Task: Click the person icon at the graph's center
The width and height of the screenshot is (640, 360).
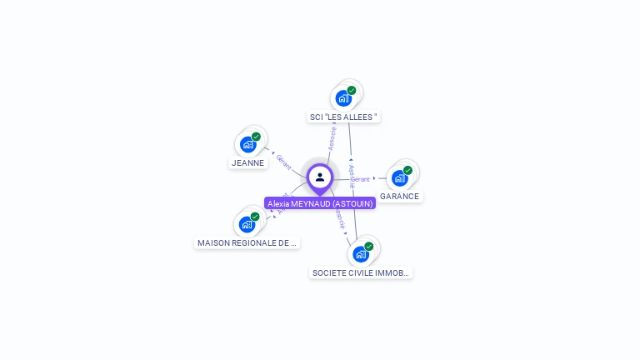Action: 320,177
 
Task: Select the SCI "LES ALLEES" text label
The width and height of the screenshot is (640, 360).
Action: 343,117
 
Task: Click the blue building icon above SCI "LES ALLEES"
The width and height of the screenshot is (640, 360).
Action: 343,98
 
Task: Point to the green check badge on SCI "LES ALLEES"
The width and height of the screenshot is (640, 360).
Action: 352,90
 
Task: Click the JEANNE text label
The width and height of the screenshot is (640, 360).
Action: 248,163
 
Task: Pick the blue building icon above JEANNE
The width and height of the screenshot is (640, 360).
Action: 247,144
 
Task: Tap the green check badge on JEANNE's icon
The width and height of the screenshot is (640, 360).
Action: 256,137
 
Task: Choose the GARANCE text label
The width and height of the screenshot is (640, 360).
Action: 399,197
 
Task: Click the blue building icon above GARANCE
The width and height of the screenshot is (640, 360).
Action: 399,177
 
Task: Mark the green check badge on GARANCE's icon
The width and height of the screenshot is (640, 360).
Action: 407,170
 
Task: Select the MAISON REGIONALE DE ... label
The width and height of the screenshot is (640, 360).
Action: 247,243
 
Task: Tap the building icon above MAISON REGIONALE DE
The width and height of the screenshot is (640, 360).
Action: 247,224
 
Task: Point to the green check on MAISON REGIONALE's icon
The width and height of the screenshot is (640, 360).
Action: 255,217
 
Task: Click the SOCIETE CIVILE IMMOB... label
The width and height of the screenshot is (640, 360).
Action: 361,272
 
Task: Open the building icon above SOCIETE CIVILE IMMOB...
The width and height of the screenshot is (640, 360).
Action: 360,253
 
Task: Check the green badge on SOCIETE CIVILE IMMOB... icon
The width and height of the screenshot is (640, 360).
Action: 368,246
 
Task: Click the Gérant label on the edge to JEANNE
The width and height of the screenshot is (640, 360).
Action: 283,162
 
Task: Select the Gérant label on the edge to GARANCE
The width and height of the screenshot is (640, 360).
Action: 360,179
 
